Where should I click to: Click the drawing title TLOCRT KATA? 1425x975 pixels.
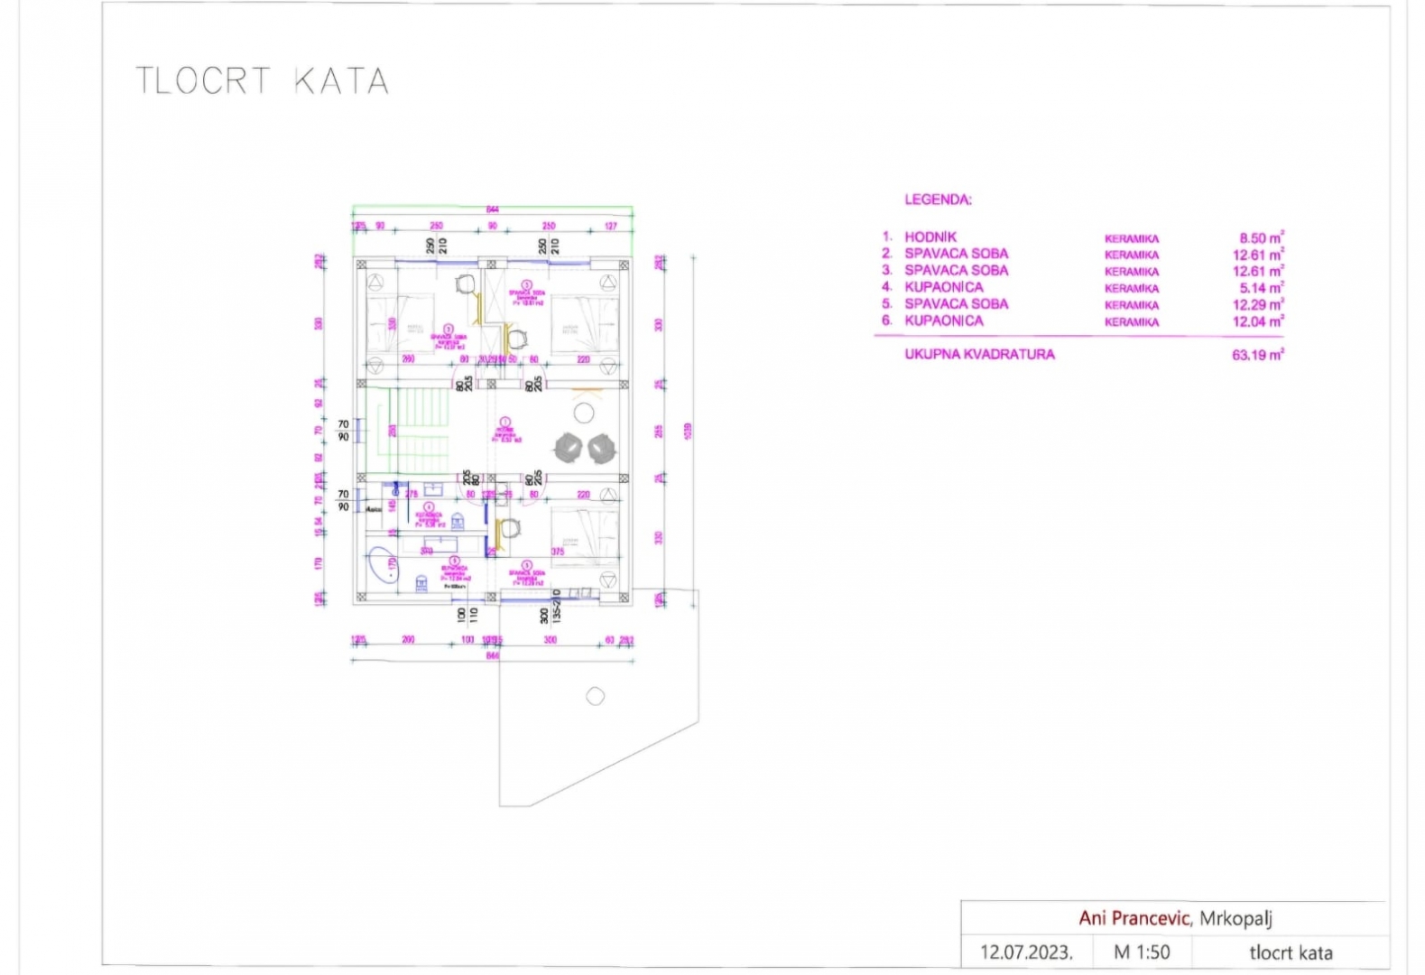tap(262, 81)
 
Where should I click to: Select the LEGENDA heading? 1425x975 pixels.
tap(938, 200)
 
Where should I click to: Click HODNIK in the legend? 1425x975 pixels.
tap(930, 237)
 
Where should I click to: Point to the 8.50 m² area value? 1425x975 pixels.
tap(1261, 238)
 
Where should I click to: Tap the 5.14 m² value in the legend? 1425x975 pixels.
tap(1261, 288)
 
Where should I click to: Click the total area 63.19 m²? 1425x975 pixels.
tap(1257, 355)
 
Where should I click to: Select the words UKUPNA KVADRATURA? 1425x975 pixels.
tap(979, 354)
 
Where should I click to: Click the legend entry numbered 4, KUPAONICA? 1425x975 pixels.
tap(943, 287)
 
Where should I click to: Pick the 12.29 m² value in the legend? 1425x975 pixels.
tap(1258, 304)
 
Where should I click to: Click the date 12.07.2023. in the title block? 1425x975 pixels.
tap(1026, 952)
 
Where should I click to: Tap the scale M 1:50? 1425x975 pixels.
tap(1142, 952)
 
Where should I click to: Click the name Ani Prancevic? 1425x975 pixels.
tap(1134, 918)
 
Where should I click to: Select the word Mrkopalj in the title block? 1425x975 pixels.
tap(1235, 919)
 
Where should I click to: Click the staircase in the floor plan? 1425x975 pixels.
tap(418, 429)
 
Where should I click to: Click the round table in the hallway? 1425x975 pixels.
tap(584, 414)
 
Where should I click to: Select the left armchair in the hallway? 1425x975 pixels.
tap(569, 447)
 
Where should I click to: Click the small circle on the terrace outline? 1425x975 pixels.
tap(595, 697)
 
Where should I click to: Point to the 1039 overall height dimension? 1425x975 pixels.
tap(688, 432)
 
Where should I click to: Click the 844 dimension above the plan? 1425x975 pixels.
tap(493, 209)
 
